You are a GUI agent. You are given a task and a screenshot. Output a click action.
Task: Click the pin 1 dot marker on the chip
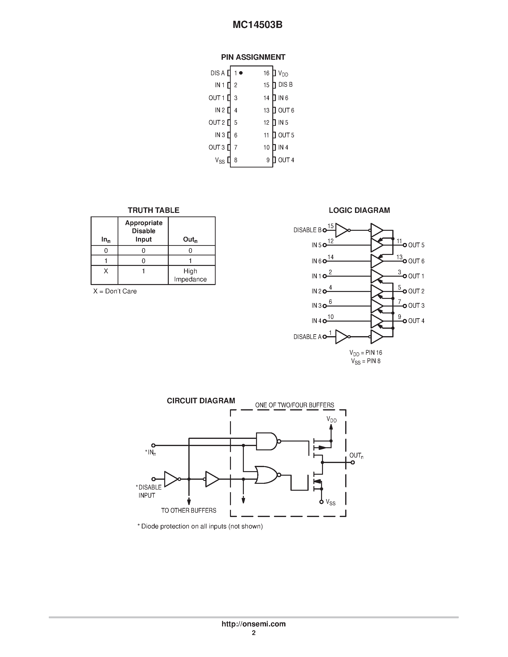[241, 73]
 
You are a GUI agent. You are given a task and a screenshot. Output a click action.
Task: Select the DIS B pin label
[285, 85]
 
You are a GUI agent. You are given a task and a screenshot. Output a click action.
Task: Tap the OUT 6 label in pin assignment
[286, 110]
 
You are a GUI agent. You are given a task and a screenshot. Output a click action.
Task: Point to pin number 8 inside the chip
[236, 160]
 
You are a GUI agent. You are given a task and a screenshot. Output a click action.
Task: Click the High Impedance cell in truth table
[190, 275]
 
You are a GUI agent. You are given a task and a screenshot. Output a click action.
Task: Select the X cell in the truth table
[106, 271]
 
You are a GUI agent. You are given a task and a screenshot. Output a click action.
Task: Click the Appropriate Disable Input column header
[143, 231]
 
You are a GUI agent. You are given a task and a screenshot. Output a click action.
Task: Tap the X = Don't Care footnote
[115, 291]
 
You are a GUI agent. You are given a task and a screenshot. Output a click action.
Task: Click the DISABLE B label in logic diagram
[307, 230]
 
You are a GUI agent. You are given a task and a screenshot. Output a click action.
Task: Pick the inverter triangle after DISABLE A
[341, 337]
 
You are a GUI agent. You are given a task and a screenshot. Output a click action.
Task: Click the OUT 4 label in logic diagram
[416, 321]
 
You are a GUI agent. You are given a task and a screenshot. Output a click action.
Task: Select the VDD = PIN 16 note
[366, 353]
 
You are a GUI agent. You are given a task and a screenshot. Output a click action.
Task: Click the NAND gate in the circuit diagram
[266, 441]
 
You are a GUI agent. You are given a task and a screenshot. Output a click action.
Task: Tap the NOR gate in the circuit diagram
[266, 475]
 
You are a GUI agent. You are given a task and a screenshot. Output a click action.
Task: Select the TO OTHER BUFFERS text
[189, 511]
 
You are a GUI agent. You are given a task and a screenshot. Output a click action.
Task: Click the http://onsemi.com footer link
[254, 624]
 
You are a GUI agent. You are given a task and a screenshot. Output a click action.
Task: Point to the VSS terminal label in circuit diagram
[330, 503]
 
